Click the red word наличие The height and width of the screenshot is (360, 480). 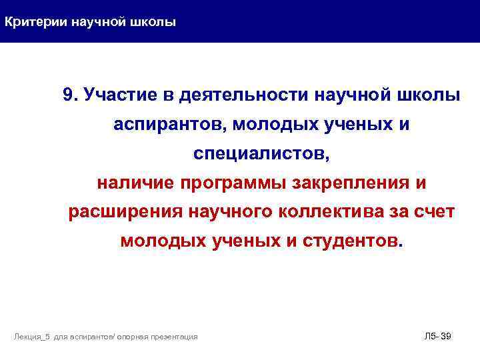tap(136, 183)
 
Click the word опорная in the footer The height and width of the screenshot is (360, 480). tap(135, 337)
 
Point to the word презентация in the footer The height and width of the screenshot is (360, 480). tap(176, 337)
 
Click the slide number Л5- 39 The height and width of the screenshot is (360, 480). tap(438, 336)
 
